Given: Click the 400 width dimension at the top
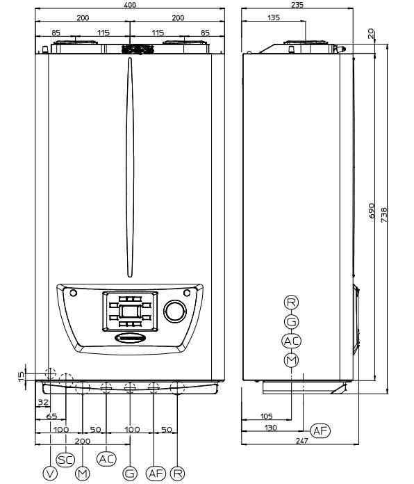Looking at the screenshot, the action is pos(129,5).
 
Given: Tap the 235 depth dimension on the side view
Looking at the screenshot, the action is pos(297,5).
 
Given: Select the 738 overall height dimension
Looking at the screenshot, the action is pos(384,215).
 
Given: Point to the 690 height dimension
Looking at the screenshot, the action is pos(372,211).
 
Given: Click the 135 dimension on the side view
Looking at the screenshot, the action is pos(274,17).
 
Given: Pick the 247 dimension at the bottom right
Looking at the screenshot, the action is pos(301,441).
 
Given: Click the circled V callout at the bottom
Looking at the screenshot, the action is pos(50,473).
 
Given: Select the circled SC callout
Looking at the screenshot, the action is pos(66,460).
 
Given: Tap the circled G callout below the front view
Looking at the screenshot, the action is pos(130,473).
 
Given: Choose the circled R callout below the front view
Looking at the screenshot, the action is pos(178,473).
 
